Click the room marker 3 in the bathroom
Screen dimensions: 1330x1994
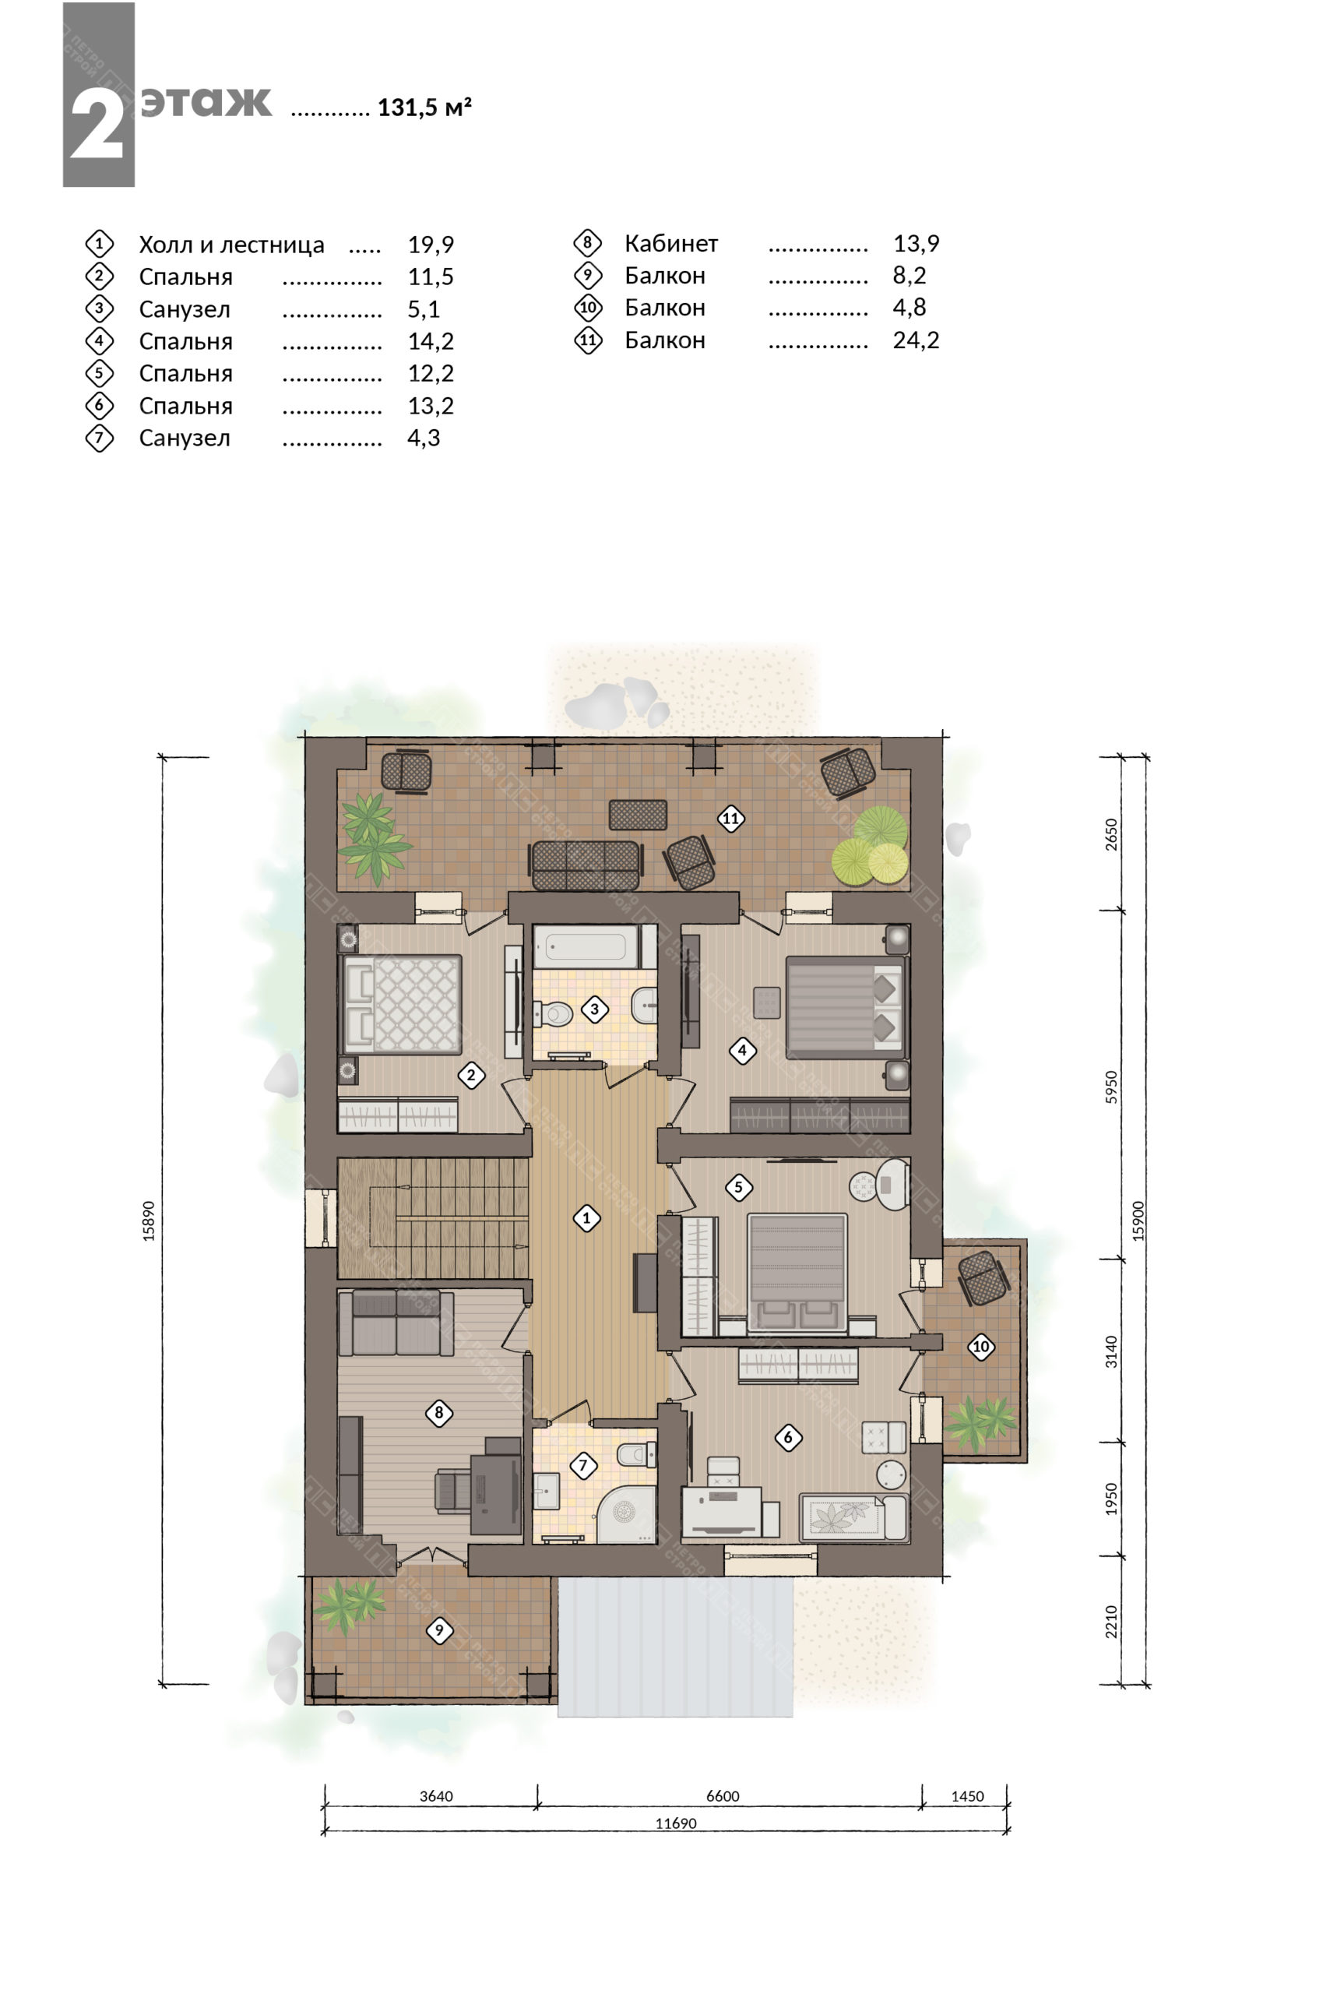click(595, 1009)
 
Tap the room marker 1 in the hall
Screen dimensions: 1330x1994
click(586, 1218)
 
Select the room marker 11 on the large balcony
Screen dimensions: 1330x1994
click(730, 819)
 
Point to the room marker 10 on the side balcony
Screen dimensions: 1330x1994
click(981, 1347)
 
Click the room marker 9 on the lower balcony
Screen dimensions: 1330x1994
click(438, 1630)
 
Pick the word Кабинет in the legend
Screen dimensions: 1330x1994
click(671, 244)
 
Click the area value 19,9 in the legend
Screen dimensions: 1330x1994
click(431, 245)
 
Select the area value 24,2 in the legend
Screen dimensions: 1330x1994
click(916, 340)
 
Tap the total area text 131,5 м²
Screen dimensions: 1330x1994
click(424, 107)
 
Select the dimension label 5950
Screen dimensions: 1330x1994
click(1111, 1087)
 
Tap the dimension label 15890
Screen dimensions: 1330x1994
click(149, 1221)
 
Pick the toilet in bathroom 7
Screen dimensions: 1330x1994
click(636, 1454)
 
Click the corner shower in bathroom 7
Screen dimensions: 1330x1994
click(627, 1513)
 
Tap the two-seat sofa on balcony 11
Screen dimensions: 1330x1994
click(586, 865)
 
